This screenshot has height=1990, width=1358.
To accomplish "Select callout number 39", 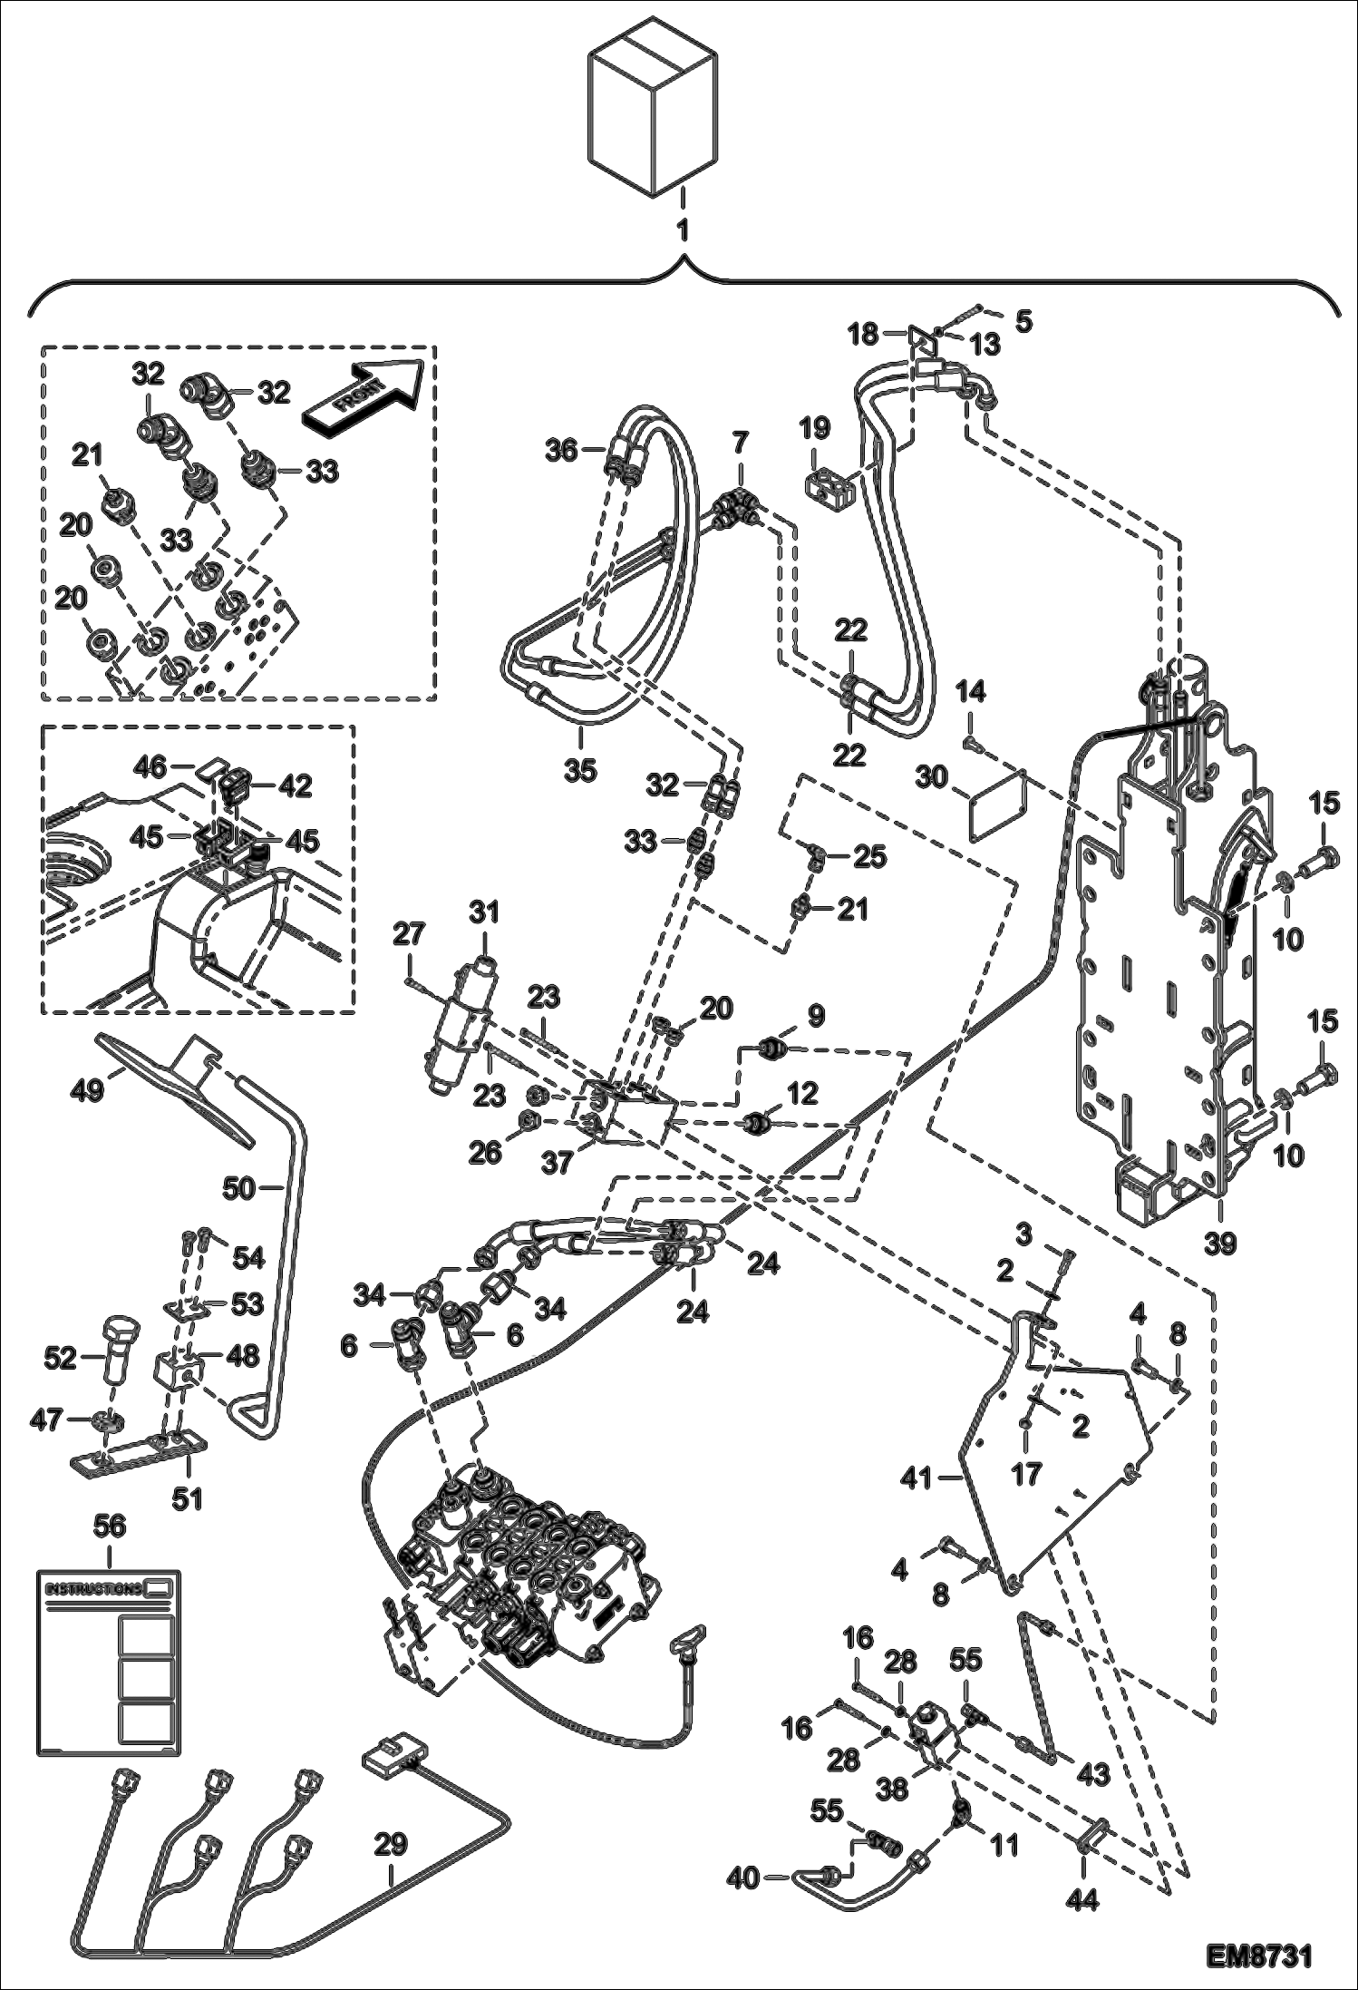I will click(1220, 1244).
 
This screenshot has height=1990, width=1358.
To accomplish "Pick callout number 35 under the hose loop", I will click(580, 770).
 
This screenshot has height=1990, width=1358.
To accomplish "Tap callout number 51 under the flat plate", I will click(188, 1499).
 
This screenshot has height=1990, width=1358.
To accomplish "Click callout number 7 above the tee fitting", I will click(741, 444).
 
